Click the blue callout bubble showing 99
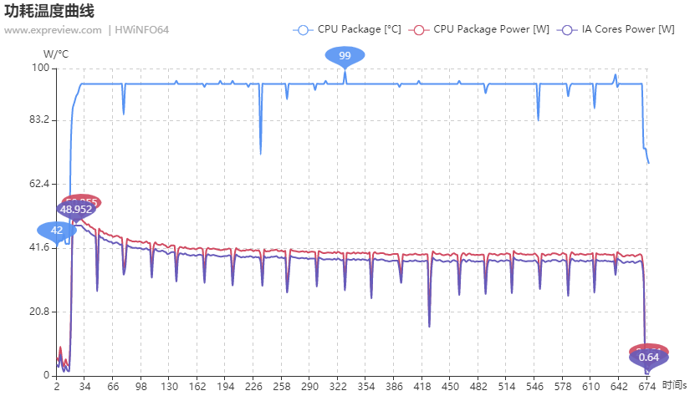coord(345,56)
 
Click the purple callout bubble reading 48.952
coord(76,210)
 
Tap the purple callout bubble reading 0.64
coord(648,358)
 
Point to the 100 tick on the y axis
coord(42,68)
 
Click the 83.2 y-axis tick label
coord(39,120)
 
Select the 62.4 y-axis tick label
coord(39,184)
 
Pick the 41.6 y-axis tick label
coord(39,248)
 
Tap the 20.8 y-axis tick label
coord(39,312)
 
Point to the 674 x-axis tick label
coord(646,388)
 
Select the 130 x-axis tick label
coord(169,388)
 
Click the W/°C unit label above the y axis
coord(56,53)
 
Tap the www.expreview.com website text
coord(53,31)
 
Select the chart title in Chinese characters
coord(49,12)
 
